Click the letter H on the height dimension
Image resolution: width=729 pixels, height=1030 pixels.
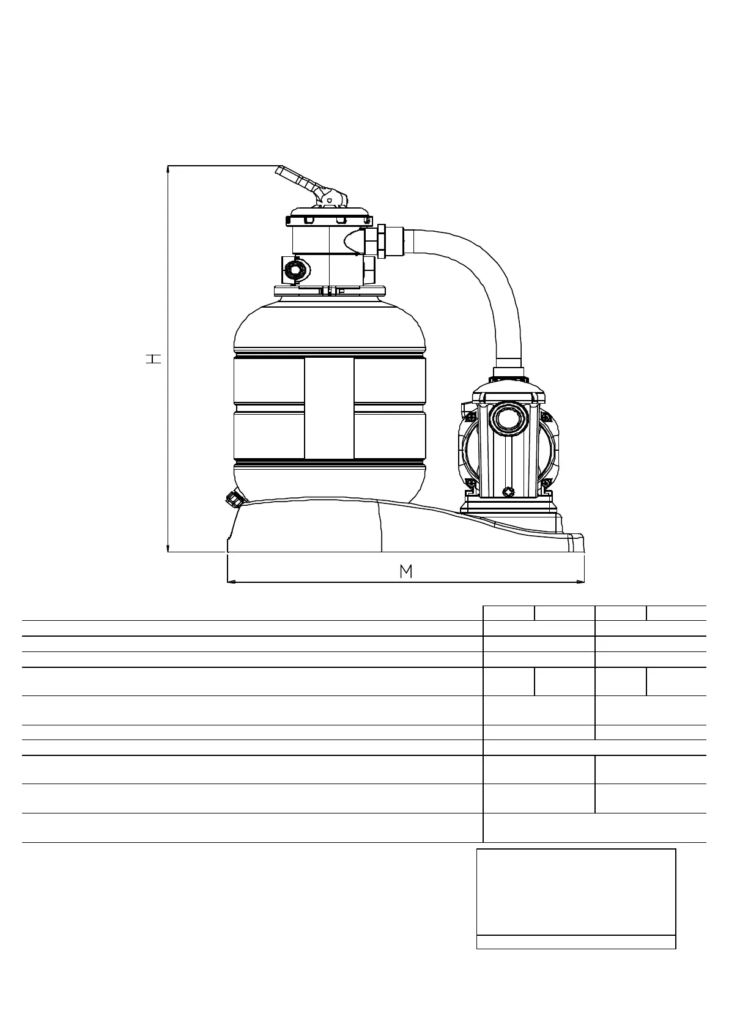coord(153,358)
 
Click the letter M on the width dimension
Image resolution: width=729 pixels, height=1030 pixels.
coord(405,571)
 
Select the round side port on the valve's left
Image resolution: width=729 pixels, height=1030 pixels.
coord(296,269)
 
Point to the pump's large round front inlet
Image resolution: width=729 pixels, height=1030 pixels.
coord(507,418)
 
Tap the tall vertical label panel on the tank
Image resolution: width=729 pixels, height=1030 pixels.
coord(329,408)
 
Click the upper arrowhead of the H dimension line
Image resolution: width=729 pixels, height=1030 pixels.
coord(168,169)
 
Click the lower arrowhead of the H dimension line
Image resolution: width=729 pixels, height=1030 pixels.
coord(168,548)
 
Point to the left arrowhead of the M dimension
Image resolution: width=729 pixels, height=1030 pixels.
coord(231,582)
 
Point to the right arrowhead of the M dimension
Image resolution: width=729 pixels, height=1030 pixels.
coord(581,582)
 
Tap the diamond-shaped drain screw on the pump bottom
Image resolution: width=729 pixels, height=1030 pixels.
coord(507,491)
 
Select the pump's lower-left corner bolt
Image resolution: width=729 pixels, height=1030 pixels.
coord(469,485)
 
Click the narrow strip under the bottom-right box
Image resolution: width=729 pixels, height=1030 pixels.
coord(575,942)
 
